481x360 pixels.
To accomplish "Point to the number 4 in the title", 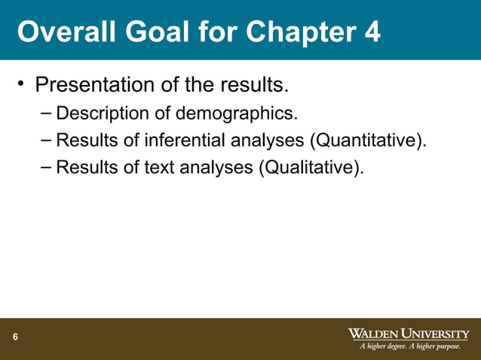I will pyautogui.click(x=372, y=32).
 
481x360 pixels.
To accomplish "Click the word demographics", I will pyautogui.click(x=237, y=114).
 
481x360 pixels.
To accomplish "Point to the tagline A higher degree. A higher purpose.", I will pyautogui.click(x=409, y=346).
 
